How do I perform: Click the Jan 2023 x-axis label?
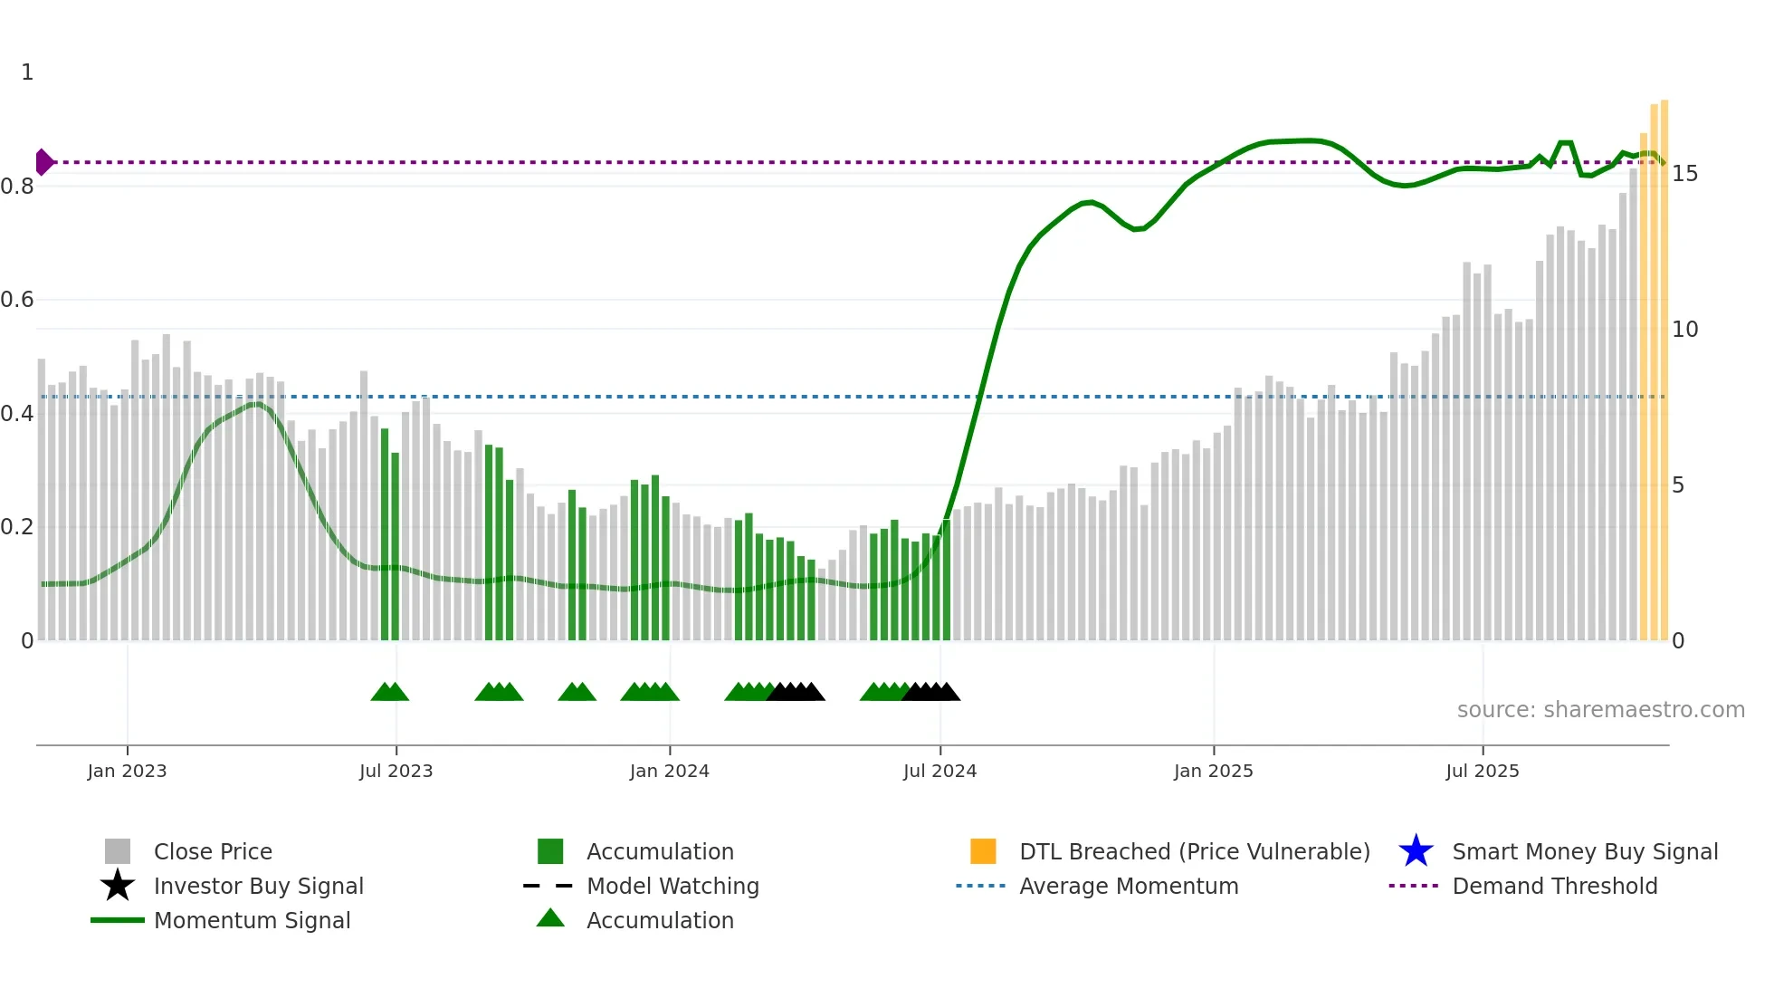pyautogui.click(x=127, y=771)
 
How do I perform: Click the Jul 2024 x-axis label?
pyautogui.click(x=939, y=771)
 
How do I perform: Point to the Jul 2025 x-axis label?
pyautogui.click(x=1482, y=771)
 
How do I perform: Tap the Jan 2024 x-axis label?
pyautogui.click(x=669, y=771)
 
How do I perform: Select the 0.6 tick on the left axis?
pyautogui.click(x=17, y=300)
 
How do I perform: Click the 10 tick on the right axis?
pyautogui.click(x=1684, y=330)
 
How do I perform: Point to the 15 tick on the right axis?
pyautogui.click(x=1684, y=174)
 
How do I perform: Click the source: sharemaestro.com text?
pyautogui.click(x=1600, y=710)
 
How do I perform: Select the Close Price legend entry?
pyautogui.click(x=213, y=851)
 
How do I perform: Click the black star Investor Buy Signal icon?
pyautogui.click(x=118, y=886)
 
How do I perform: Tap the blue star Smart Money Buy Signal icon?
pyautogui.click(x=1416, y=851)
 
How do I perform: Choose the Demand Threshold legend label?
pyautogui.click(x=1554, y=886)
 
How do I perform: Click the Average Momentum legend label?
pyautogui.click(x=1128, y=886)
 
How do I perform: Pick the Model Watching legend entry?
pyautogui.click(x=672, y=886)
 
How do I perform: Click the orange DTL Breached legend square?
pyautogui.click(x=983, y=851)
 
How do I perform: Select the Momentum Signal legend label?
pyautogui.click(x=252, y=920)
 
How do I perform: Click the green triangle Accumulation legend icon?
pyautogui.click(x=550, y=918)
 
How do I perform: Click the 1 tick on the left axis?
pyautogui.click(x=27, y=72)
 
